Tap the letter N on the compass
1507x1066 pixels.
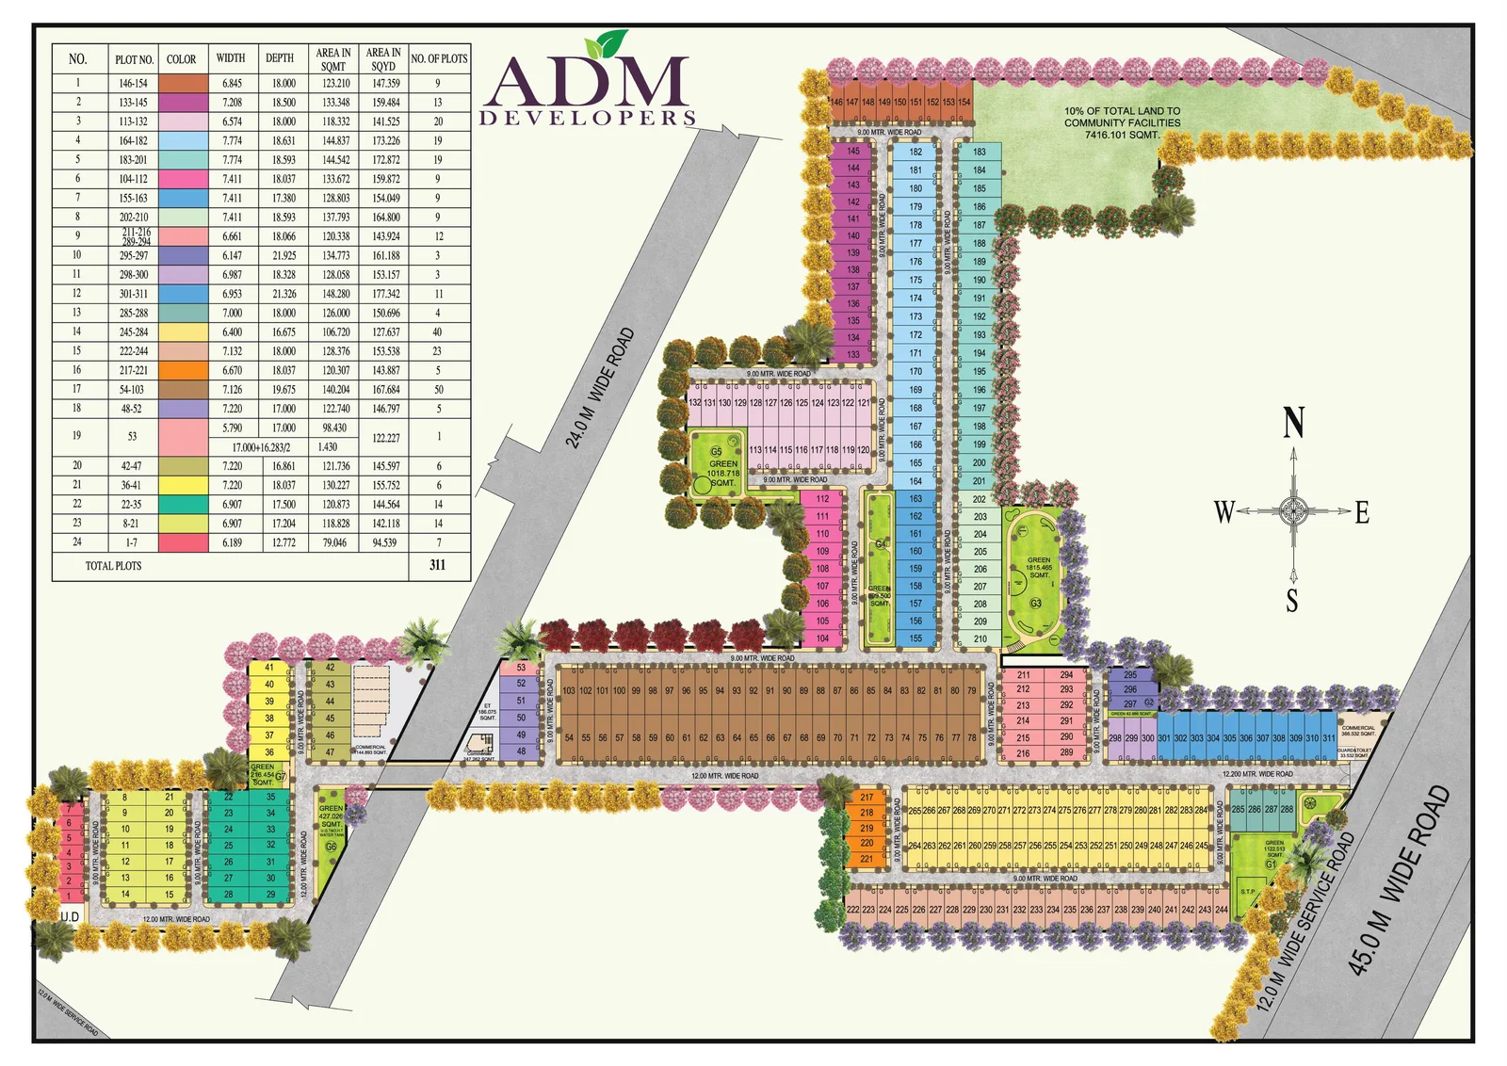click(x=1294, y=423)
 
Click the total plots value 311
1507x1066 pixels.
click(x=437, y=565)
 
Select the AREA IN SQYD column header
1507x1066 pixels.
click(x=383, y=59)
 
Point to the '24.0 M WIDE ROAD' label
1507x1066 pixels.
click(x=601, y=387)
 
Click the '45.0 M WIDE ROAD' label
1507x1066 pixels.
click(x=1399, y=880)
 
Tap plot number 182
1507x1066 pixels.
click(x=916, y=152)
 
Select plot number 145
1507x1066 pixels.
click(x=852, y=151)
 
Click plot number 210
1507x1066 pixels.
click(x=980, y=638)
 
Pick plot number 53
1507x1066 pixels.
click(x=521, y=668)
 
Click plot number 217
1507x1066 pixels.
click(x=867, y=797)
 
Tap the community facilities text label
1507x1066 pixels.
click(x=1122, y=122)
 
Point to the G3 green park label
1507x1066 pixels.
click(x=1035, y=604)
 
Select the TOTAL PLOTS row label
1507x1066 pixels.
click(x=113, y=566)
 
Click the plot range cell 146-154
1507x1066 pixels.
click(x=132, y=83)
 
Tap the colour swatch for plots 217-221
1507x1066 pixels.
click(x=183, y=370)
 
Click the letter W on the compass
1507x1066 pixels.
click(x=1223, y=512)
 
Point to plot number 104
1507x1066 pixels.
click(x=822, y=638)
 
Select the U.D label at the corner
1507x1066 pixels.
click(x=70, y=916)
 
